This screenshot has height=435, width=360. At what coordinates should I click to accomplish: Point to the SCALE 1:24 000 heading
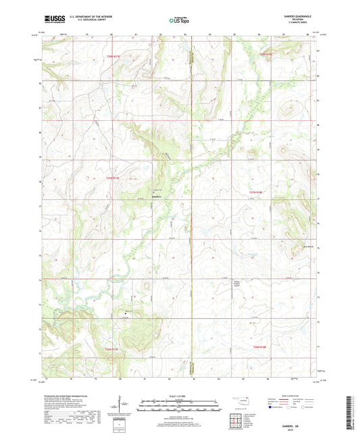click(x=180, y=395)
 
